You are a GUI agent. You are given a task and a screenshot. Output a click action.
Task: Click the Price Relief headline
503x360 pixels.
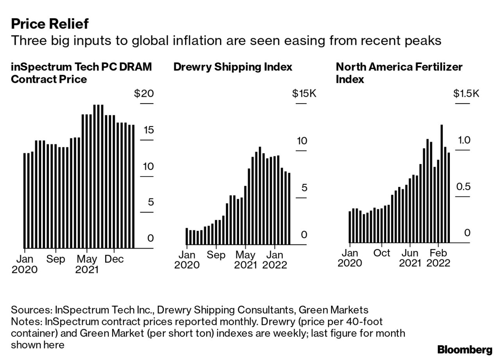click(50, 24)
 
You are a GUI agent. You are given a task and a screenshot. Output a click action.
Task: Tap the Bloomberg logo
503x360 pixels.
click(465, 349)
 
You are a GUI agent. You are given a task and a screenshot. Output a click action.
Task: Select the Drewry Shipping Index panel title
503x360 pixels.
click(233, 67)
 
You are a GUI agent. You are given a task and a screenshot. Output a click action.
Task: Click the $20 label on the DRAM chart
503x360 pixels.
click(144, 94)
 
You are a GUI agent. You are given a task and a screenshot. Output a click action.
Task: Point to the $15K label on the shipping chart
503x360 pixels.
click(304, 94)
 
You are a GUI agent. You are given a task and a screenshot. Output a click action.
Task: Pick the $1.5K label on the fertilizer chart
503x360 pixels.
click(466, 94)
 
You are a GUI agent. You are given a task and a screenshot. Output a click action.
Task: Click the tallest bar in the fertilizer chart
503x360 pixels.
click(442, 184)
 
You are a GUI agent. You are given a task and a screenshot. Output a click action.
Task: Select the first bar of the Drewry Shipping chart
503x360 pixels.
click(187, 236)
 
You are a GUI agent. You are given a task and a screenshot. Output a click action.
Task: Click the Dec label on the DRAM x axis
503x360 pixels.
click(114, 259)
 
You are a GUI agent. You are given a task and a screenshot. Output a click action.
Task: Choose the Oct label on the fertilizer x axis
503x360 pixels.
click(381, 253)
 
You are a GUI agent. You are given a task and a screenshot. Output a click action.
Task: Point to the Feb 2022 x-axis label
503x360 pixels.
click(438, 258)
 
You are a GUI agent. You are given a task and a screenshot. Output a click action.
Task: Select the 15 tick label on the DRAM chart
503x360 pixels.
click(149, 130)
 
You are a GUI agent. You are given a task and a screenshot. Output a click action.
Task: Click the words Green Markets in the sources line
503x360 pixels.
click(333, 310)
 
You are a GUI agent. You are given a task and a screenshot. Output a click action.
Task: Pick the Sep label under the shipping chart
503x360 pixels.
click(216, 255)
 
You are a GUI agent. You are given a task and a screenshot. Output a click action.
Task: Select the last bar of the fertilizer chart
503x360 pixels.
click(449, 198)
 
